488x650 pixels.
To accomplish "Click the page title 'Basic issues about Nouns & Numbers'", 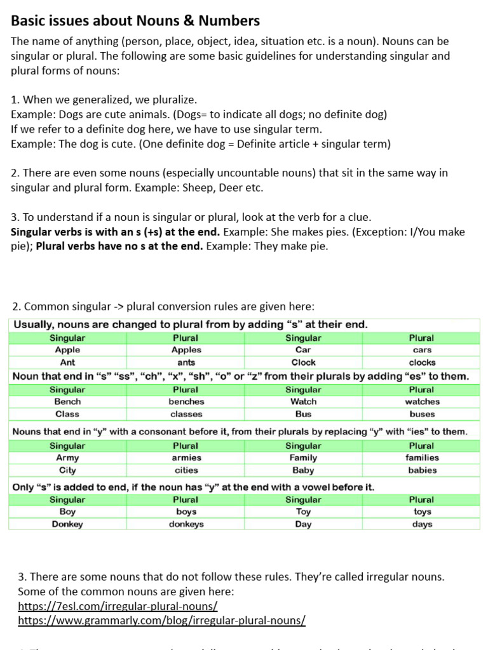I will (135, 21).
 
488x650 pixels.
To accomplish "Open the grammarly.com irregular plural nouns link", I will (161, 620).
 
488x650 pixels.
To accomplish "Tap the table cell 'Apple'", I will (67, 350).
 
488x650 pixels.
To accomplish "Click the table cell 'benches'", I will (186, 402).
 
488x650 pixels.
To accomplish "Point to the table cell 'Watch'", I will (303, 402).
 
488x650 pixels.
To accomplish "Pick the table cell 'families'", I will (422, 458).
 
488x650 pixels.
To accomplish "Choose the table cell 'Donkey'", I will (67, 524).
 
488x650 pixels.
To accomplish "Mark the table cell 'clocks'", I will (422, 362).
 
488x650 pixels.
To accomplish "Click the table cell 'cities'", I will (186, 470).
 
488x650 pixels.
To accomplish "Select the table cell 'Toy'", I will (303, 512).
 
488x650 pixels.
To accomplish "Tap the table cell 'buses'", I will (422, 414).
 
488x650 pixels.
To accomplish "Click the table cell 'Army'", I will (67, 458).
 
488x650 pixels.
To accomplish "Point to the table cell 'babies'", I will (422, 470).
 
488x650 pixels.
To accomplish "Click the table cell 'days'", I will (422, 524).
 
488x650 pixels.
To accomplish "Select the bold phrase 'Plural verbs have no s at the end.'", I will (119, 246).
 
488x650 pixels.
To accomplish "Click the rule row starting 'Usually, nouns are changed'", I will (191, 324).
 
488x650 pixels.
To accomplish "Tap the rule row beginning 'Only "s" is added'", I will (194, 487).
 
